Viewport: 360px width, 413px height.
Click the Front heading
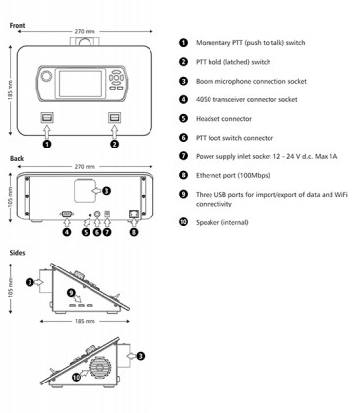click(17, 25)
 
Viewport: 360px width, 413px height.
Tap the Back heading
click(17, 158)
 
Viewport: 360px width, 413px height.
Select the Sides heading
click(17, 253)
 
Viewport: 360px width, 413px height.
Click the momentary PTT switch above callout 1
click(47, 117)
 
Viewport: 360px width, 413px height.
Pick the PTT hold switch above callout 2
click(115, 117)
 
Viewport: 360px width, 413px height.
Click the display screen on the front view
click(81, 84)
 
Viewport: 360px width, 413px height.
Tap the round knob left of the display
click(46, 76)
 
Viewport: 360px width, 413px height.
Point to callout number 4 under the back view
click(67, 232)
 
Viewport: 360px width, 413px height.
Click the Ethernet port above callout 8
click(134, 214)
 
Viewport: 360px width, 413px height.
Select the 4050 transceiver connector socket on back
click(67, 214)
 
